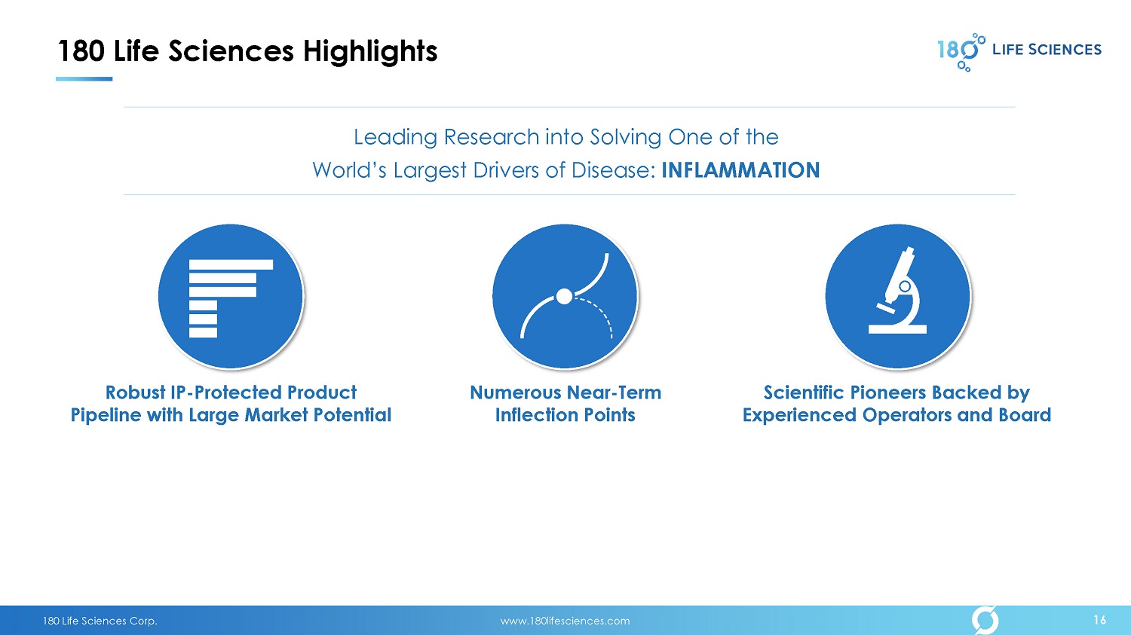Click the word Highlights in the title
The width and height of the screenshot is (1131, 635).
pos(370,52)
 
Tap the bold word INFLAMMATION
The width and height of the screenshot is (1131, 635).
pos(740,170)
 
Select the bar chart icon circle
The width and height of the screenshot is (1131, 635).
pos(231,297)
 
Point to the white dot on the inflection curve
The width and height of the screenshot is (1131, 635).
pos(564,297)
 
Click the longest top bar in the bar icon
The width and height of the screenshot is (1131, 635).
pos(231,265)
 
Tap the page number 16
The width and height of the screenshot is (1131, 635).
pos(1099,620)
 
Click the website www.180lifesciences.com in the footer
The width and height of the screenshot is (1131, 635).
pos(565,621)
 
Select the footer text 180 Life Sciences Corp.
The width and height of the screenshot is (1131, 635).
pos(100,621)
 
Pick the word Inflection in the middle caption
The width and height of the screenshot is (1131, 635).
pos(536,414)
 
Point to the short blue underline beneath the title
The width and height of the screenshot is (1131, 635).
pos(84,79)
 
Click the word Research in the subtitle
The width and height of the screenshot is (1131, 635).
pos(492,137)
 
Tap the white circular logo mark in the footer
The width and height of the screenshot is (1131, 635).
pos(985,620)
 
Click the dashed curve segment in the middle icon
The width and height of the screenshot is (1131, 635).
pos(601,313)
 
